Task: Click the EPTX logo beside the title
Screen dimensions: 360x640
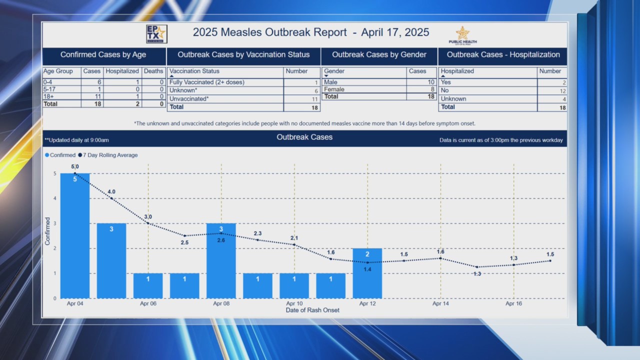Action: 156,34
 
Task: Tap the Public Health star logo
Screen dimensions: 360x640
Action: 462,34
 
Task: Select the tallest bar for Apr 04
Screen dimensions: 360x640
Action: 75,235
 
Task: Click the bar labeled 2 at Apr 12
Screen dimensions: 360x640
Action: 367,273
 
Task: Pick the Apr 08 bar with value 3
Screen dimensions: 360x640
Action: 221,260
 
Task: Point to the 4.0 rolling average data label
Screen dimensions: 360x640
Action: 111,191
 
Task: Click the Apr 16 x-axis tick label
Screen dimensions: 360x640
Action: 513,303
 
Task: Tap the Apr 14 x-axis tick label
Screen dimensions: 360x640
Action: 440,303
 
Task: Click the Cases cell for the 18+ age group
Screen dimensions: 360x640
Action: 92,96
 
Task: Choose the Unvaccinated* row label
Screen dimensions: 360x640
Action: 189,99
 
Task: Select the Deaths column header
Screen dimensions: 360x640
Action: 153,71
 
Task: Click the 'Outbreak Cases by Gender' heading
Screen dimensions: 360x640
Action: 379,55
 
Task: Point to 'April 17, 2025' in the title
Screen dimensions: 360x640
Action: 395,32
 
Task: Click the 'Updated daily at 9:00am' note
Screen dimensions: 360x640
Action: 77,140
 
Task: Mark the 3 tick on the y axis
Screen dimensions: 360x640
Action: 54,223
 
